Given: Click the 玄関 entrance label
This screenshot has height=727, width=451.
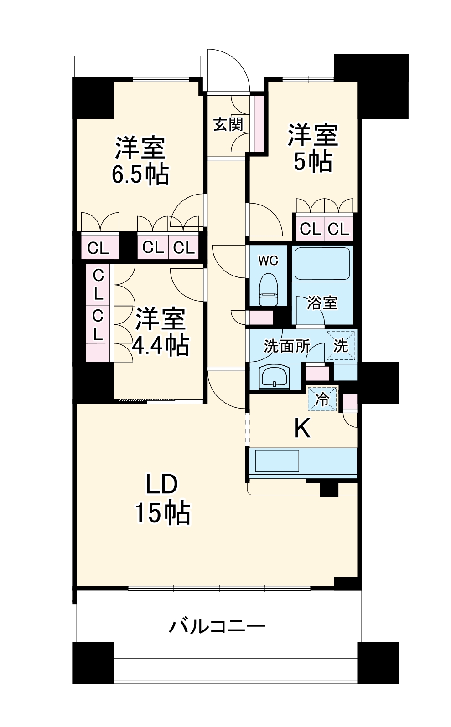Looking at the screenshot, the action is tap(228, 124).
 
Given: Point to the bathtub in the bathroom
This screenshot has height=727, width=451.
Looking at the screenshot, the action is tap(321, 263).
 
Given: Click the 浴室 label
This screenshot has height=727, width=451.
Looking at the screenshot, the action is tap(322, 303).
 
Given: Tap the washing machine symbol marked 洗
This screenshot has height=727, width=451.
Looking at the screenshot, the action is tap(341, 345).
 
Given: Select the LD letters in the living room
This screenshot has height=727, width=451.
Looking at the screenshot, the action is tap(161, 484).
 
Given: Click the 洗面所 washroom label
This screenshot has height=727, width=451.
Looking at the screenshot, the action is tap(286, 346).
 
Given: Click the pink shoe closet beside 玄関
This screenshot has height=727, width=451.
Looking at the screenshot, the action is tap(259, 123).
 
